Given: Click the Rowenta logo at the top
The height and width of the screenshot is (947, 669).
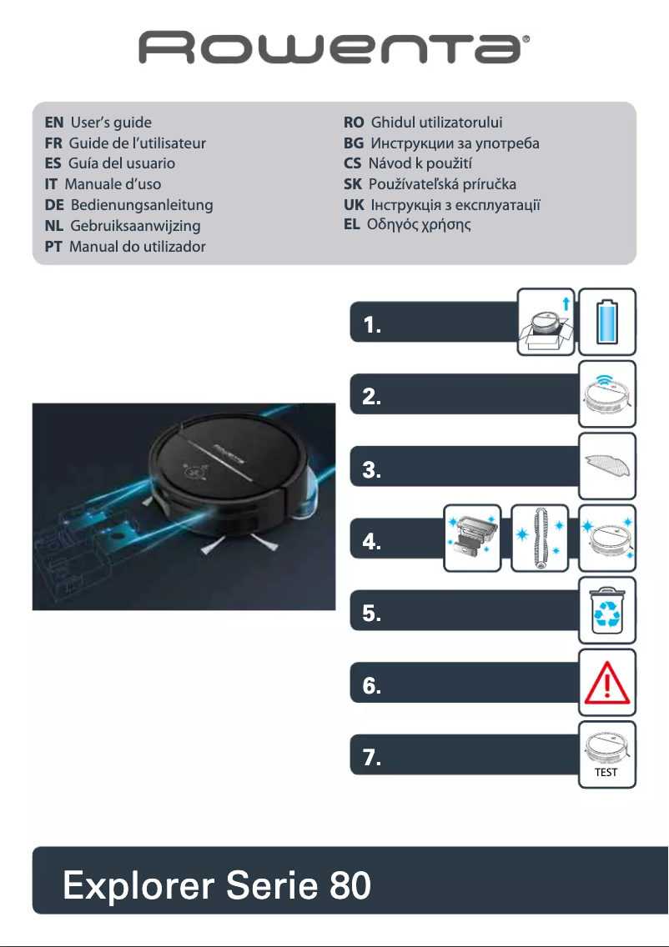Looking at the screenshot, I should (x=334, y=48).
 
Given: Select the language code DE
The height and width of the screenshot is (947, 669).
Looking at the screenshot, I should (x=55, y=205).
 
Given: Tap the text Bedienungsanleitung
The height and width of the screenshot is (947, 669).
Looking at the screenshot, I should (x=142, y=205).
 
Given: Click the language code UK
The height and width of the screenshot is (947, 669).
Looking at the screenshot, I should (x=354, y=205).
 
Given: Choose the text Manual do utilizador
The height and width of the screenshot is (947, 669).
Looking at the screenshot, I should (x=138, y=247).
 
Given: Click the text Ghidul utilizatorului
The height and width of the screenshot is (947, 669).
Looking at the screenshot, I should (x=436, y=123).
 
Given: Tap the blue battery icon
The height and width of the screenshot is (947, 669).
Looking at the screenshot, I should (x=607, y=317).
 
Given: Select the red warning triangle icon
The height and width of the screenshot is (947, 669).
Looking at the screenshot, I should (x=607, y=682).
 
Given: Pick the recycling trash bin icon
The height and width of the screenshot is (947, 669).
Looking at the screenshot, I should (x=607, y=609).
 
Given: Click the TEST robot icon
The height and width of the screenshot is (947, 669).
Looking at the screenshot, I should (x=607, y=754).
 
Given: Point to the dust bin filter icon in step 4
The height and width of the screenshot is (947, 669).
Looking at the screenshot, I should (x=472, y=538).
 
